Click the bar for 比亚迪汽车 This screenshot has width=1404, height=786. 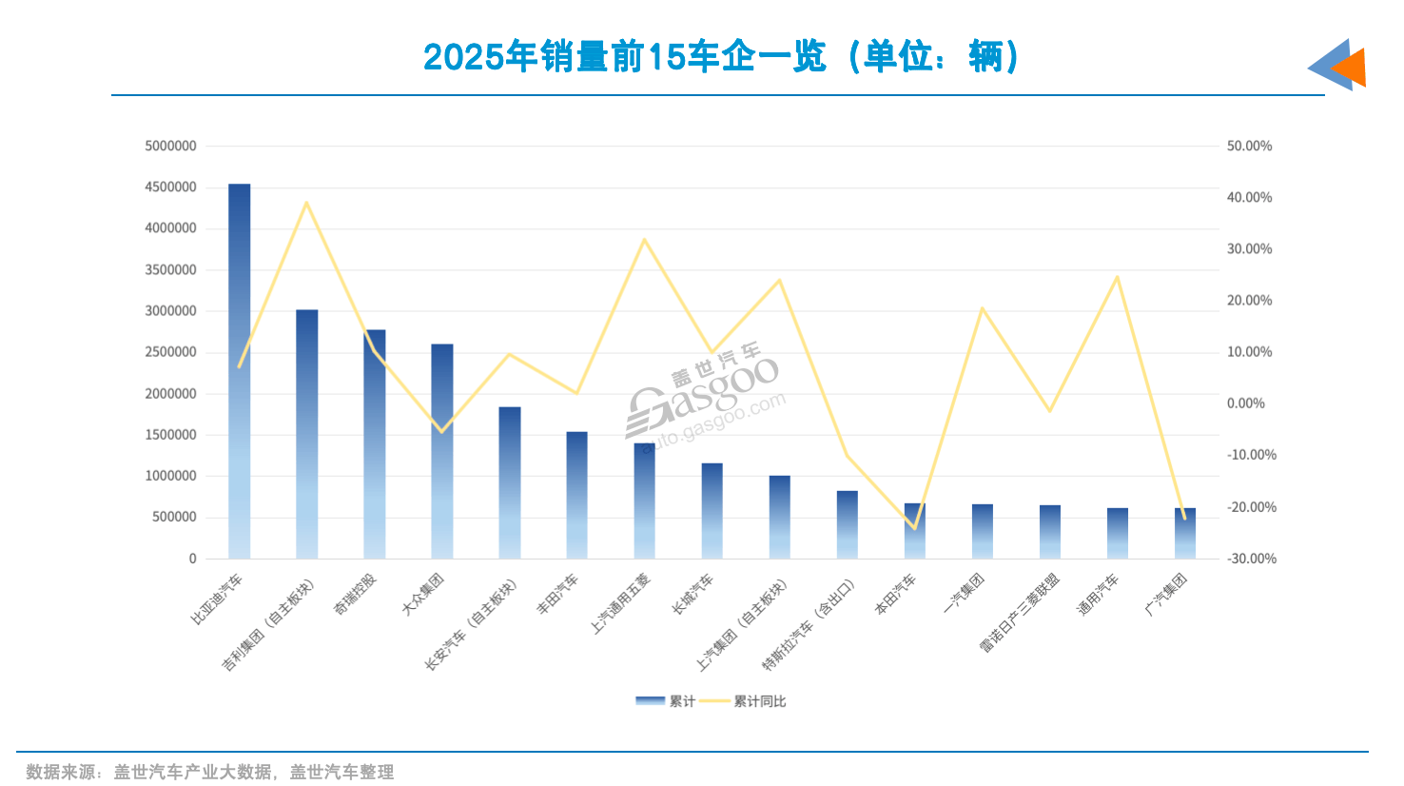240,371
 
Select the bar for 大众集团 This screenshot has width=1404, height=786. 442,451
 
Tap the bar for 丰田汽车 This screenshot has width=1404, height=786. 577,495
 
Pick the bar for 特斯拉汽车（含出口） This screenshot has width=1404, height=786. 848,524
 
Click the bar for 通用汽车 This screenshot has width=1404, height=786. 1118,533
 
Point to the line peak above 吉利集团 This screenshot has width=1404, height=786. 306,203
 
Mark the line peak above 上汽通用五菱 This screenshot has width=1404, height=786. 644,240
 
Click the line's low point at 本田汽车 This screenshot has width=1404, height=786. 915,528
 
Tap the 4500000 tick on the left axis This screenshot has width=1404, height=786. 171,187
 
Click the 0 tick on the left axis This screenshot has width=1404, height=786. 193,559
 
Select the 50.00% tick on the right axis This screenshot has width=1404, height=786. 1249,147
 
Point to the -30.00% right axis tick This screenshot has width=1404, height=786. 1251,559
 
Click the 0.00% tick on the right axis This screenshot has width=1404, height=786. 1246,403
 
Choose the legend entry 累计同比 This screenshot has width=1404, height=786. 759,701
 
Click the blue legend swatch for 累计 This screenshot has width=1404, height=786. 650,701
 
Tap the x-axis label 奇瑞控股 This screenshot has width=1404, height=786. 356,594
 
